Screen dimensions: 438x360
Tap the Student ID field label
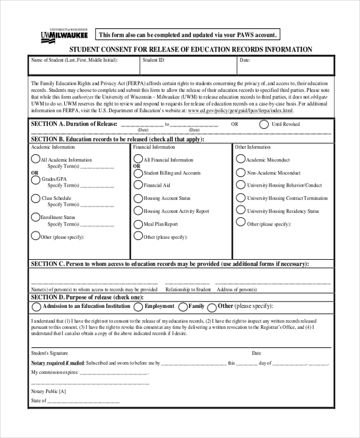point(154,60)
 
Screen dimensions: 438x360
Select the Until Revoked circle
point(264,124)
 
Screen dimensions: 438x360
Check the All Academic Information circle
point(35,160)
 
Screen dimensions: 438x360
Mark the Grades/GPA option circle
point(35,179)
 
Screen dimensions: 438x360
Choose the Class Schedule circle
point(35,198)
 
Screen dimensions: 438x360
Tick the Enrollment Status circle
point(35,217)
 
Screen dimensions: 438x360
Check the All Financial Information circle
point(138,160)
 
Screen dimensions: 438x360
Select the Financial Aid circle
point(138,185)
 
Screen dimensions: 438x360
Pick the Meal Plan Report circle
point(138,224)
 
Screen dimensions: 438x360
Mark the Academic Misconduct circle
point(241,160)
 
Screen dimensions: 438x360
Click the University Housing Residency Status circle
point(241,211)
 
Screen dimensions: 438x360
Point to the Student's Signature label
point(50,353)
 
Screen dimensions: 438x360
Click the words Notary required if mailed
point(58,363)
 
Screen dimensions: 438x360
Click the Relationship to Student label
point(188,289)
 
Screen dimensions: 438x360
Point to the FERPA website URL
point(241,111)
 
